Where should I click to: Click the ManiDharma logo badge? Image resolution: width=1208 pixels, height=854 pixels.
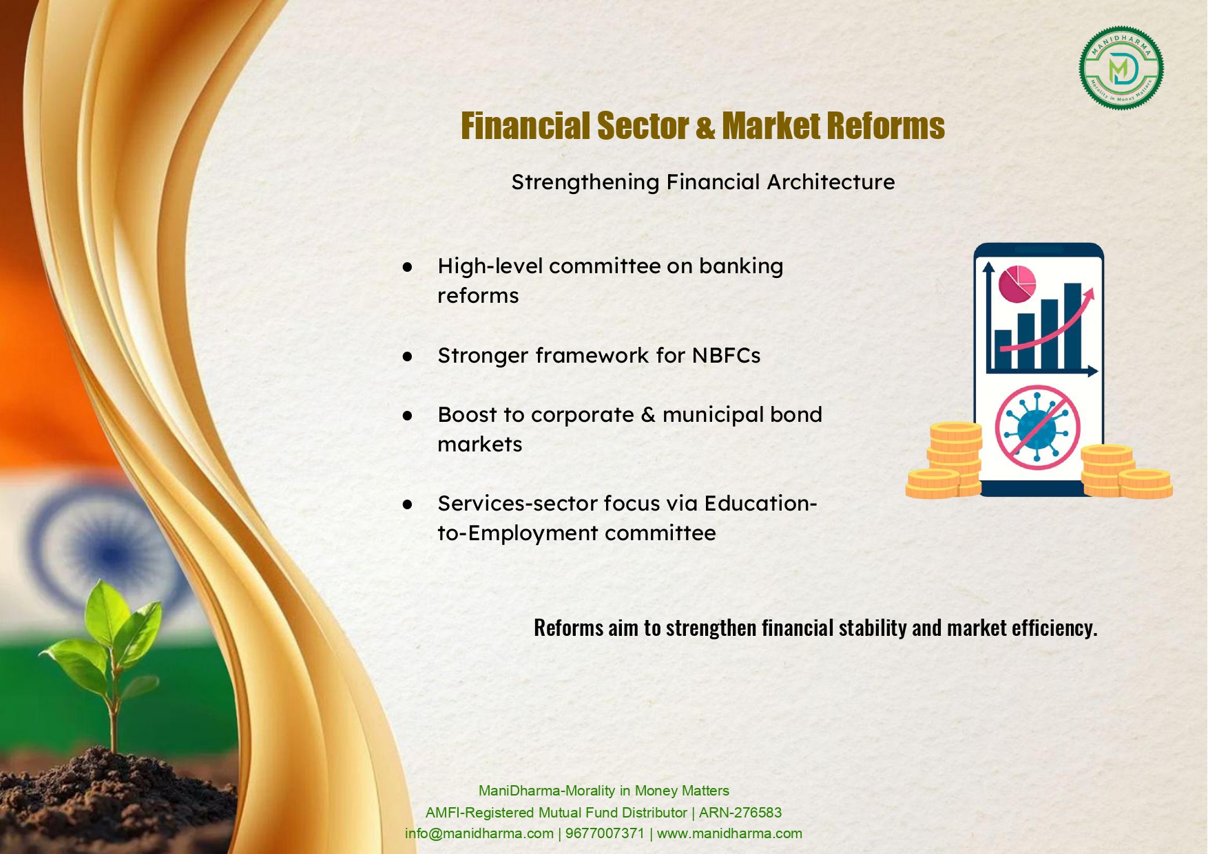1121,68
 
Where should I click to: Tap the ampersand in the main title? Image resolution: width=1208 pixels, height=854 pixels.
705,127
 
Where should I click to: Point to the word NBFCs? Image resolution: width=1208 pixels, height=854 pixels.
726,355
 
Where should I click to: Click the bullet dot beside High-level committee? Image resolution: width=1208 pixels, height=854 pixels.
408,266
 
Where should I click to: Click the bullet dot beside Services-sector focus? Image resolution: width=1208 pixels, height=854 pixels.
408,504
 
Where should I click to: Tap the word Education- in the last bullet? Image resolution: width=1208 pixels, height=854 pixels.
760,503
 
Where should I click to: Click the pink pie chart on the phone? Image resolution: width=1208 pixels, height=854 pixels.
1017,284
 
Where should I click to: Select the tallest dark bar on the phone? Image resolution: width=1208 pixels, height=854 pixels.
1072,326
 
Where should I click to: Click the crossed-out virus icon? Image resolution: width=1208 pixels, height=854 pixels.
1037,427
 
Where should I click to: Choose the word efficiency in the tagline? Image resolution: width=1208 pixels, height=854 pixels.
1054,628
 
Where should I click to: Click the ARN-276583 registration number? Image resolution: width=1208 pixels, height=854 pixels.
740,813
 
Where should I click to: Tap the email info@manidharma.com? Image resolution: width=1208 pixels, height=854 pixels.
479,833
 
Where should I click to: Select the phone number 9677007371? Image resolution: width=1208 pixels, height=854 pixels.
605,833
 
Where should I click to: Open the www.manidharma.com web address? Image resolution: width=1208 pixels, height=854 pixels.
729,833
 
